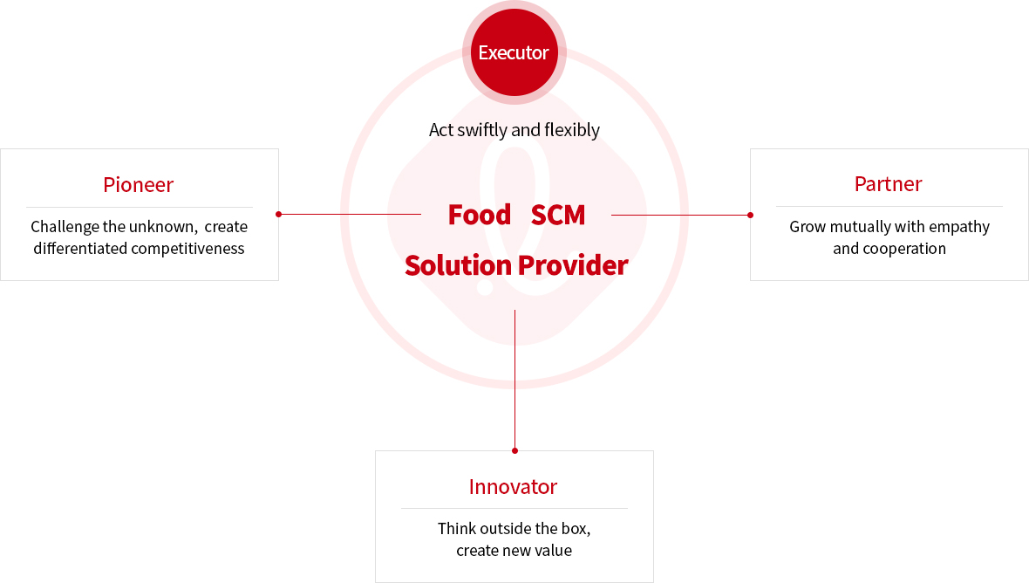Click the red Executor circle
[x=514, y=52]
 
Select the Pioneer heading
[x=138, y=184]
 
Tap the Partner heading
[x=888, y=184]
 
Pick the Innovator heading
[x=513, y=486]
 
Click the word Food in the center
[x=479, y=215]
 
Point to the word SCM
[x=558, y=215]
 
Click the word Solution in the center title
[x=458, y=265]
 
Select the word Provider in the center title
[x=573, y=265]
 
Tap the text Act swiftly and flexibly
[x=514, y=130]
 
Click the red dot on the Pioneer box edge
[x=279, y=214]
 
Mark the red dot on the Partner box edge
[x=750, y=215]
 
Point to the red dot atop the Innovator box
[x=514, y=450]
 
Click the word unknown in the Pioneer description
[x=161, y=227]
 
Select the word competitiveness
[x=187, y=248]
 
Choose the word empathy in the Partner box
[x=958, y=227]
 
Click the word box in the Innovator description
[x=576, y=529]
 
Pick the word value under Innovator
[x=555, y=550]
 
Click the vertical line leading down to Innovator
[x=514, y=381]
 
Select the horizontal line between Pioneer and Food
[x=350, y=214]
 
